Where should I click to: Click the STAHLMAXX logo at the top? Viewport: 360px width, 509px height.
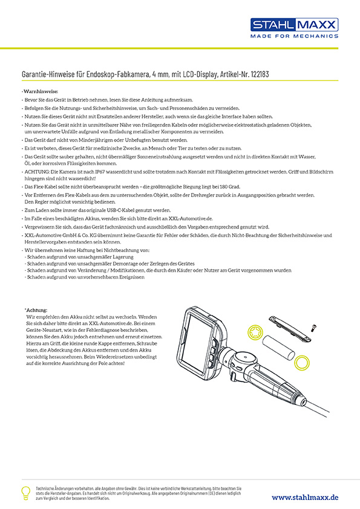(x=295, y=25)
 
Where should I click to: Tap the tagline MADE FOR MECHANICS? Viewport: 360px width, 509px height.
(x=295, y=36)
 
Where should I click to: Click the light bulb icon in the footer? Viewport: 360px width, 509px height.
(x=26, y=492)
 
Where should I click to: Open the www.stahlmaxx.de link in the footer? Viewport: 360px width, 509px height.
(x=305, y=496)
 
